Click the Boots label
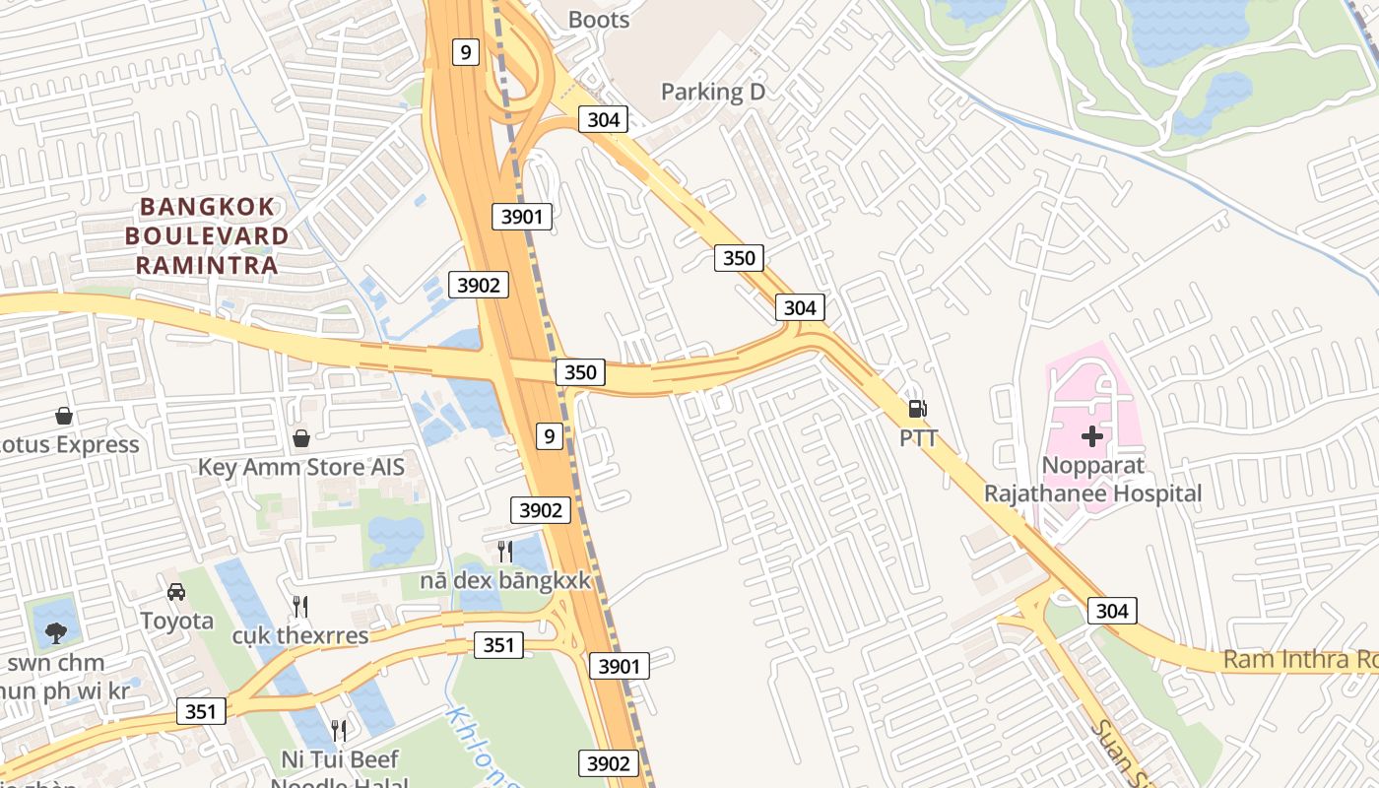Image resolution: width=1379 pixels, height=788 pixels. pos(599,19)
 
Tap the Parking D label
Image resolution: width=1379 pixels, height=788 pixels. pos(712,92)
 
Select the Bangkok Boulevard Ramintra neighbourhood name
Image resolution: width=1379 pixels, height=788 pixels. pos(207,236)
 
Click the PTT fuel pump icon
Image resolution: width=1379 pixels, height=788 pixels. pos(917,408)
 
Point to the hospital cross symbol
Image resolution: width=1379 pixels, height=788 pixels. pos(1092,435)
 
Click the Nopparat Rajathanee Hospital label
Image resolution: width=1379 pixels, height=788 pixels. pos(1092,479)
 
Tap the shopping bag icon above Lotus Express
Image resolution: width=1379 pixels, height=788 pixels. pos(64,416)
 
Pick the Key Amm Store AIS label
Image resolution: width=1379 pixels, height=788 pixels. pos(301,467)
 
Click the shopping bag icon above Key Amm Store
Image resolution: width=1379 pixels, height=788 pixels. pos(300,437)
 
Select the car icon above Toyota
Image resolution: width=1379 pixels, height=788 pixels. pos(176,591)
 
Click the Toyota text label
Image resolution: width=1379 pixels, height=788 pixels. pos(176,621)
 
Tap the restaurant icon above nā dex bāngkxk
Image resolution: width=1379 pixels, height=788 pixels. pos(505,551)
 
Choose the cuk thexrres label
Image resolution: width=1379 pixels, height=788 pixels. pos(300,635)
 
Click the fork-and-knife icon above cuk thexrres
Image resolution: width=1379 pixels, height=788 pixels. pos(300,606)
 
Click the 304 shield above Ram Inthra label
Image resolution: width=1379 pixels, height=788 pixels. pos(1112,611)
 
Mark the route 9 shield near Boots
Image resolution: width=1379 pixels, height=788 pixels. pos(466,52)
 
